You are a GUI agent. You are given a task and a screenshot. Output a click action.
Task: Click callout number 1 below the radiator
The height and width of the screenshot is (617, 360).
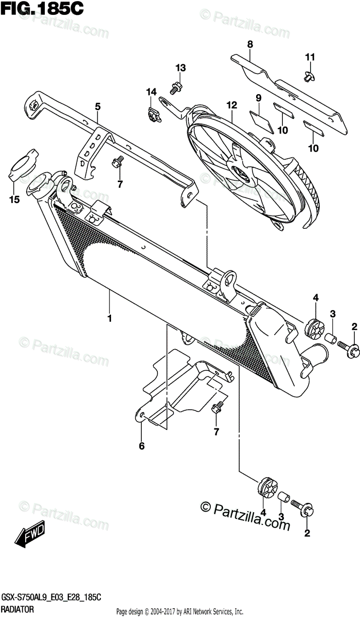(x=110, y=318)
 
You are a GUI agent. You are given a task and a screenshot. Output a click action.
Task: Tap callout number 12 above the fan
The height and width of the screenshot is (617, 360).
(x=231, y=105)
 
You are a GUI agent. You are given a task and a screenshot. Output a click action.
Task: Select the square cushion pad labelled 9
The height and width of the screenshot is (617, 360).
(x=262, y=122)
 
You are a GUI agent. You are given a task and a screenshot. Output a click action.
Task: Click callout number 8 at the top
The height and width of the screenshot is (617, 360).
(x=250, y=44)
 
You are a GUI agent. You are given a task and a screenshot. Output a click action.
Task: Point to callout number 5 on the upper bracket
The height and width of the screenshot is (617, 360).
(x=98, y=106)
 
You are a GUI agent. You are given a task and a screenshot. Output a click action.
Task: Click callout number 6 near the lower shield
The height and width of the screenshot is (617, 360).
(x=141, y=446)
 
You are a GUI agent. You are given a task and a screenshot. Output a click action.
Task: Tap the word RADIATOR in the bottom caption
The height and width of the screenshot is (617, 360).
(x=17, y=609)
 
